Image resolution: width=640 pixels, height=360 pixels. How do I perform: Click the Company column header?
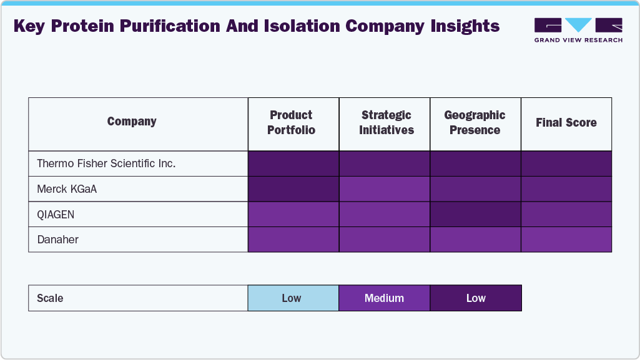coord(132,122)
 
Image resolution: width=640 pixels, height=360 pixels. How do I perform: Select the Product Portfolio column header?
coord(292,123)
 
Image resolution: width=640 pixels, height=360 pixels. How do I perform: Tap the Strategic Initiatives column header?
coord(386,123)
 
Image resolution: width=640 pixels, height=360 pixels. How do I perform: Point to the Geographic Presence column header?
coord(475,123)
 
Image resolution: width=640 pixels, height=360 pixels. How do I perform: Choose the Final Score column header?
coord(566,123)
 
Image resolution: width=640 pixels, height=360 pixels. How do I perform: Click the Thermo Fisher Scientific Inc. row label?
coord(106,163)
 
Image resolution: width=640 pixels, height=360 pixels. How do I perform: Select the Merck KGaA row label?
coord(67,189)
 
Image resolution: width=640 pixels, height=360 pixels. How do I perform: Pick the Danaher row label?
coord(58,240)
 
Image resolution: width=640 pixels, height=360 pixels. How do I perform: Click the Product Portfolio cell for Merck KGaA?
coord(293,189)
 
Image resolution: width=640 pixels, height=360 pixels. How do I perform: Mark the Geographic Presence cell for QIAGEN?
coord(475,215)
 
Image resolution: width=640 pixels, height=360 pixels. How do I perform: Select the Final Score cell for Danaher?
coord(566,240)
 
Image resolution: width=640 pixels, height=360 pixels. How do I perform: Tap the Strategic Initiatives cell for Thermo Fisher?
coord(385,163)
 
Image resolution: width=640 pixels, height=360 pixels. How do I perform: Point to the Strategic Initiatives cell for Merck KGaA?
coord(385,189)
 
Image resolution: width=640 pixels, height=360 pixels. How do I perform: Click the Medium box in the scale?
coord(385,298)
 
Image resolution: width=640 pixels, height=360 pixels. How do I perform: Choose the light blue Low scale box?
coord(293,298)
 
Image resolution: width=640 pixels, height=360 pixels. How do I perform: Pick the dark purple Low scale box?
coord(476,298)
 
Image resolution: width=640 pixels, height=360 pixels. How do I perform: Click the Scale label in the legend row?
coord(50,298)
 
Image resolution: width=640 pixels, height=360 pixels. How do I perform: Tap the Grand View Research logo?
coord(578,30)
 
